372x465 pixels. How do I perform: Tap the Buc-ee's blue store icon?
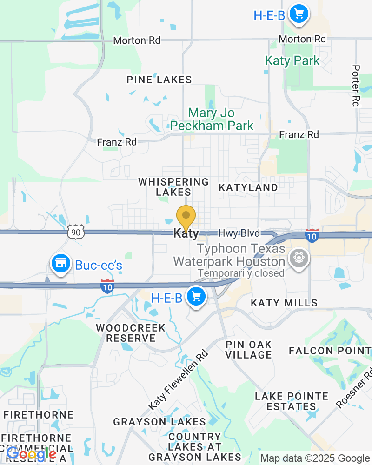pos(60,264)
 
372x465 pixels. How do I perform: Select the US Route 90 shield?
pos(75,231)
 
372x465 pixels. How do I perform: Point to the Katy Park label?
pos(292,61)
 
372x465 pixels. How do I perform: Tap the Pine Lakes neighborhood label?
pos(159,80)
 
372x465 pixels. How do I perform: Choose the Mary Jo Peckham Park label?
pos(212,120)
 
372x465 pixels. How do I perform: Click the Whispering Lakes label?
pos(173,187)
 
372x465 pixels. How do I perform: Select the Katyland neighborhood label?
pos(248,187)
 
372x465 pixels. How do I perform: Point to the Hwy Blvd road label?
pos(239,233)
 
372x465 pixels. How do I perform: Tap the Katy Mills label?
pos(284,303)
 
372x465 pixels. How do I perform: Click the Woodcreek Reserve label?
pos(131,333)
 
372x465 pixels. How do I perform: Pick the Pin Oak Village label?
pos(249,350)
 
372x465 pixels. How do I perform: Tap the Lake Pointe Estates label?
pos(292,401)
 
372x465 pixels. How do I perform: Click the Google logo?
pos(31,454)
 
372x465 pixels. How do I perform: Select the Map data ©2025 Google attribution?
pos(314,458)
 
